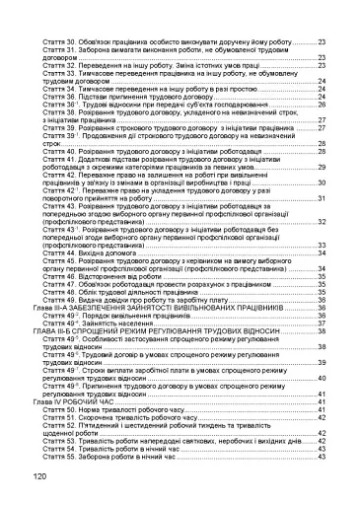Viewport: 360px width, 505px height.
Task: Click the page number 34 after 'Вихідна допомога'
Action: (322, 253)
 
